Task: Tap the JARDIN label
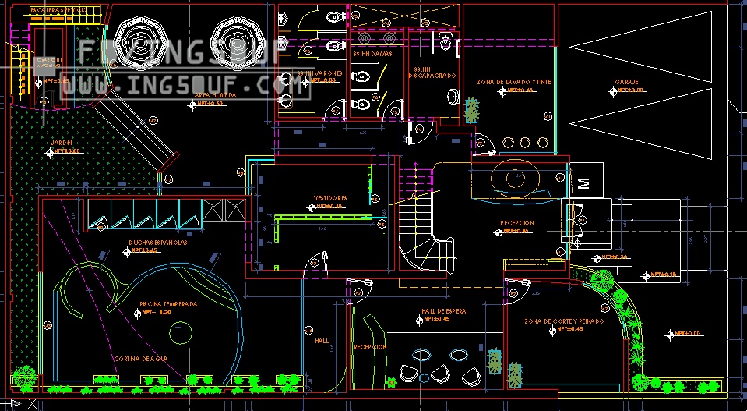point(62,143)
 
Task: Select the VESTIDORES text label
point(329,198)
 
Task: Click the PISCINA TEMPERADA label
point(168,304)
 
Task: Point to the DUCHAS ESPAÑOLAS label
point(158,243)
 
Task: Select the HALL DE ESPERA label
point(444,311)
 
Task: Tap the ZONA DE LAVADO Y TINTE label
point(514,82)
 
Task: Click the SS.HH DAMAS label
point(371,55)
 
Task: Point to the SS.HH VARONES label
point(319,73)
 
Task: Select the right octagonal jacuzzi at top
point(235,37)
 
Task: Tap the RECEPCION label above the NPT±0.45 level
point(517,223)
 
